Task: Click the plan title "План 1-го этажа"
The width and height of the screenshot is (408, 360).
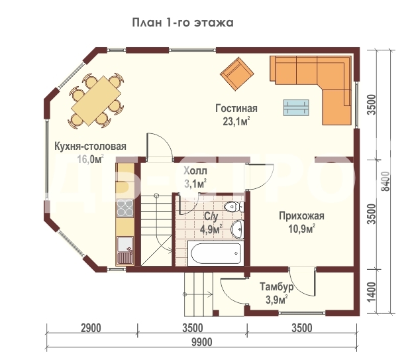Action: [x=183, y=23]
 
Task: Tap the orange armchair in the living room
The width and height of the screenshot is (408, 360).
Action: [x=237, y=74]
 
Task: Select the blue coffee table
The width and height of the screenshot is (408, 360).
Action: [x=296, y=107]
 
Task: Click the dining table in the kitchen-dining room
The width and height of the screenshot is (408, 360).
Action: [x=96, y=101]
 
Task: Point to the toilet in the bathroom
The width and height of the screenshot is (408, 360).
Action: [x=234, y=207]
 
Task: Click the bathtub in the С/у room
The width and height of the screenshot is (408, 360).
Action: [x=216, y=253]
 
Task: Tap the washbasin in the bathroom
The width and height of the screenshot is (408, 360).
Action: [x=238, y=229]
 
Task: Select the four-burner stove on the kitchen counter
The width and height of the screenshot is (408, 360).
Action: [x=125, y=208]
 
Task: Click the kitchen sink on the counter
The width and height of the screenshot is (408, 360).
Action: [x=125, y=250]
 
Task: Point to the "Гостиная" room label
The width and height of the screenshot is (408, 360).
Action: [x=236, y=108]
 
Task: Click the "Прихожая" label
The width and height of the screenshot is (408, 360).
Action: [x=301, y=216]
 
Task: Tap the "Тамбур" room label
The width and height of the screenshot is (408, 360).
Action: [x=277, y=287]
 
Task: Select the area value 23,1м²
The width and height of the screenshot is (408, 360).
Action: [x=236, y=121]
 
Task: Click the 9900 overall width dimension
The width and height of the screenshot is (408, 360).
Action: [x=202, y=342]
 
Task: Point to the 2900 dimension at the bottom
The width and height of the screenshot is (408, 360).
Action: [x=91, y=328]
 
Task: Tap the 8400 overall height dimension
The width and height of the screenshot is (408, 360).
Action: [x=385, y=181]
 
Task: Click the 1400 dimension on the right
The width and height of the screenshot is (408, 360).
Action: [x=372, y=292]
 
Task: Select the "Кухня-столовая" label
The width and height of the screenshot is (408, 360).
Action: [x=90, y=146]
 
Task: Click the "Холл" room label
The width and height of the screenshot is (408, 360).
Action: [x=195, y=171]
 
